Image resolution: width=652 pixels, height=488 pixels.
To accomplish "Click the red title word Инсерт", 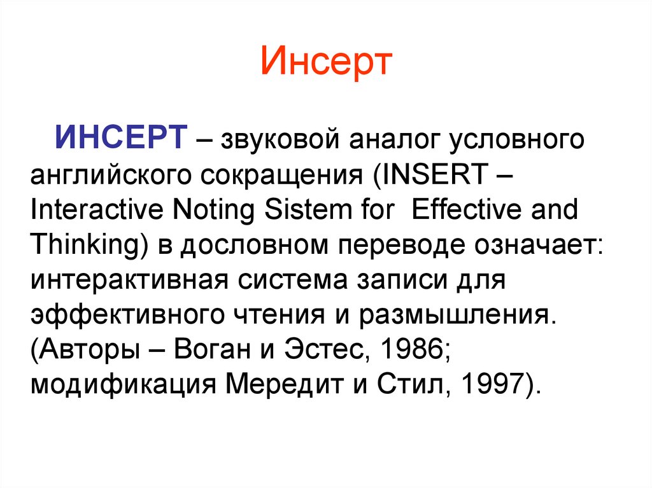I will (325, 62).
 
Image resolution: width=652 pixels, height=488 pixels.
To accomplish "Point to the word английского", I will (112, 174).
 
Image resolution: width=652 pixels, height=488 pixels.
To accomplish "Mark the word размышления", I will (460, 314).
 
